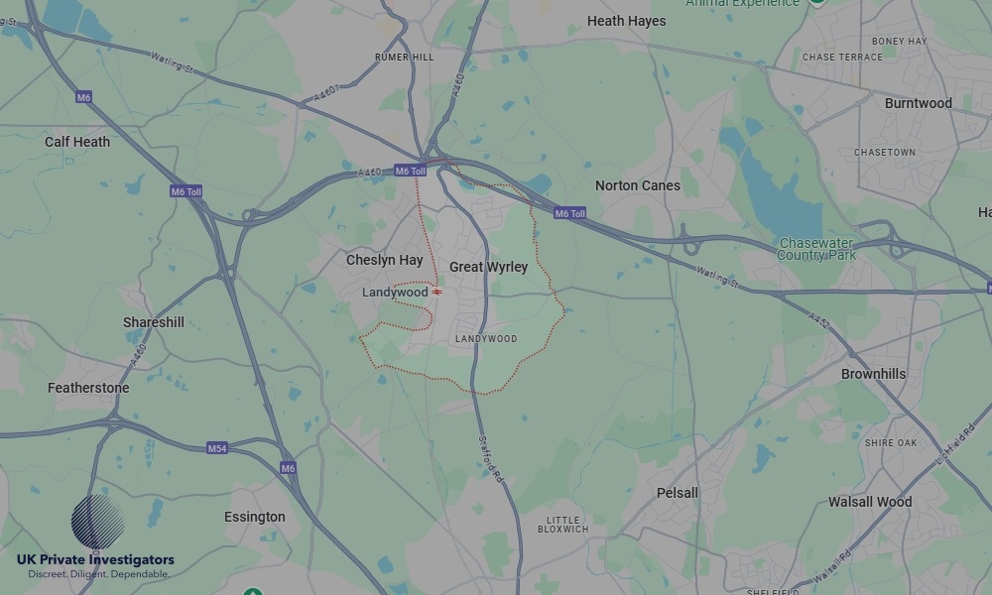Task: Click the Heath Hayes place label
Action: click(627, 21)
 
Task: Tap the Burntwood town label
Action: click(918, 103)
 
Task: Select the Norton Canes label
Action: click(638, 185)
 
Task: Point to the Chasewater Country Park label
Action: click(817, 249)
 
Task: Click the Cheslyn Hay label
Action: click(384, 260)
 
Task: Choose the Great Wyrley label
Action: click(488, 267)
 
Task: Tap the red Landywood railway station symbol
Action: click(437, 293)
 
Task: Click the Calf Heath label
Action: click(77, 142)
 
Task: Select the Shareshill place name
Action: click(153, 322)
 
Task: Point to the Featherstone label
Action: click(88, 388)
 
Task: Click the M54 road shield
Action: click(217, 448)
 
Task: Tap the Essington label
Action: click(254, 517)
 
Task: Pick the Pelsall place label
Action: click(678, 493)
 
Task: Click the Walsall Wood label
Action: click(870, 502)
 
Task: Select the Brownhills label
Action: click(873, 374)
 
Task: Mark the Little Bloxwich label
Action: click(567, 525)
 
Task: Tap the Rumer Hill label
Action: click(404, 58)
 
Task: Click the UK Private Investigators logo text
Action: click(95, 560)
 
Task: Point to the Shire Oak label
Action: click(891, 443)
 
